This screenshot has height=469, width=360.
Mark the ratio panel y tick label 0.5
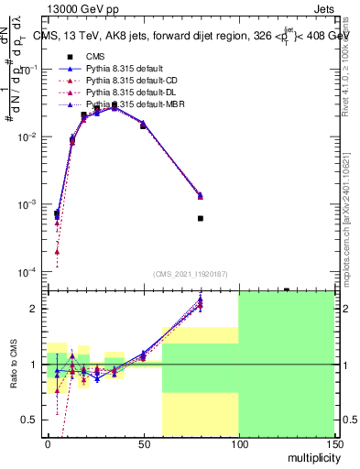point(30,420)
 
